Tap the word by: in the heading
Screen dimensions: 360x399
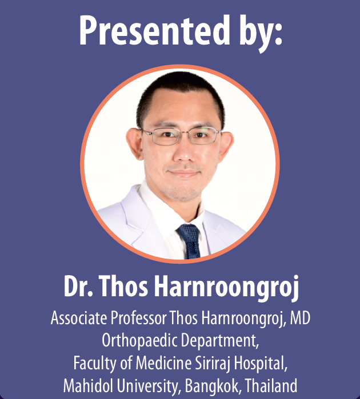(261, 33)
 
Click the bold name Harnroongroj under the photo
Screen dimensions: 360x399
(227, 287)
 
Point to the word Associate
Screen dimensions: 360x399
(79, 318)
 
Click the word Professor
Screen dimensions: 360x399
(139, 318)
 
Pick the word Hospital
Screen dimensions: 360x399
(261, 364)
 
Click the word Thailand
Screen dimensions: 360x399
(271, 385)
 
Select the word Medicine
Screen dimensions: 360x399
(163, 363)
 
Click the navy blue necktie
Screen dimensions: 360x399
(189, 240)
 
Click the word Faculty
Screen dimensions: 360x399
(94, 364)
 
